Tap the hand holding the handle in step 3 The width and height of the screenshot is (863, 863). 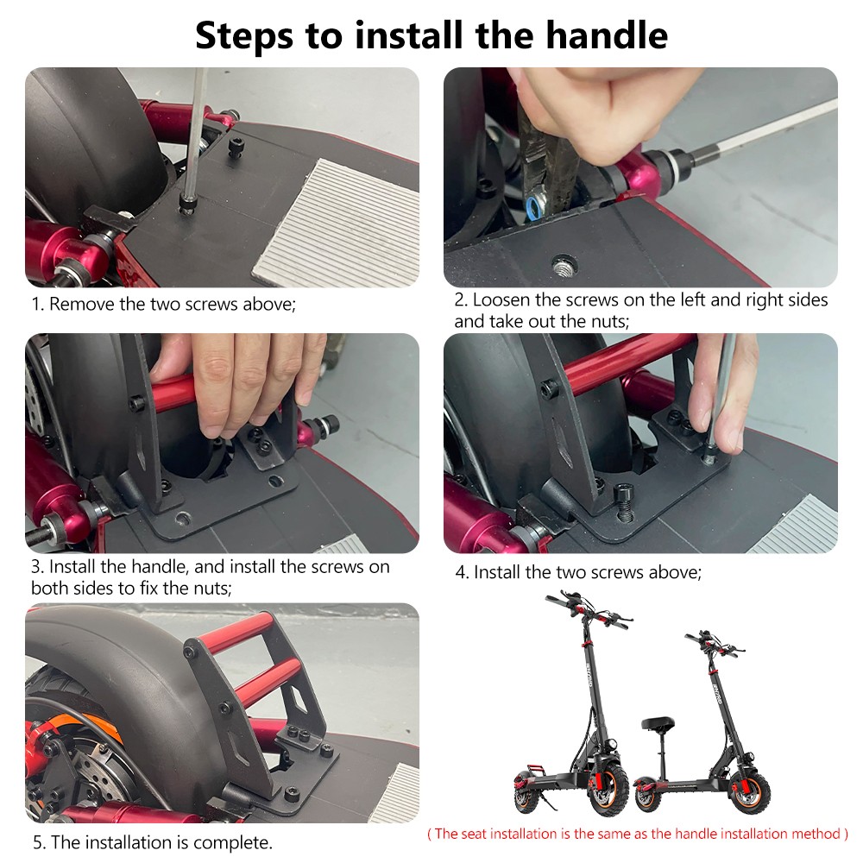click(233, 380)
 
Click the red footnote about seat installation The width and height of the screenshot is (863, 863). click(638, 834)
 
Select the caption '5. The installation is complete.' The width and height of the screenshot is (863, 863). click(153, 842)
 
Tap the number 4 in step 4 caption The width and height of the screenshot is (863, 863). click(461, 572)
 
